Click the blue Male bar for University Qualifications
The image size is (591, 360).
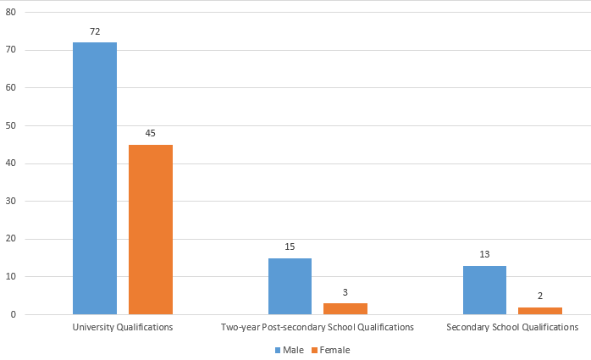click(95, 178)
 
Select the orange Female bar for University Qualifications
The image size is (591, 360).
click(151, 230)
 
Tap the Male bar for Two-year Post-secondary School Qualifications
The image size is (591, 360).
click(290, 286)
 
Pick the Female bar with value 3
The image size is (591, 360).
click(345, 308)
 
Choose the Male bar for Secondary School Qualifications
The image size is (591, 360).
click(484, 290)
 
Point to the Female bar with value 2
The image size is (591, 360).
click(539, 311)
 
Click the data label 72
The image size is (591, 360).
click(95, 31)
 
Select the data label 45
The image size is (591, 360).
click(151, 133)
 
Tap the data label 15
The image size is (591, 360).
click(290, 246)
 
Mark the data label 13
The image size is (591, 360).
click(484, 254)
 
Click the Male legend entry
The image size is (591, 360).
click(289, 349)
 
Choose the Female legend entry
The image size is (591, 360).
click(329, 349)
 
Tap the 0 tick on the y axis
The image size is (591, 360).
click(14, 314)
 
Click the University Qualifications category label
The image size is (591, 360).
click(123, 327)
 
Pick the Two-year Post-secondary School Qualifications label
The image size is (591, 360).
click(318, 327)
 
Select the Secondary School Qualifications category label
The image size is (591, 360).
click(512, 327)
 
